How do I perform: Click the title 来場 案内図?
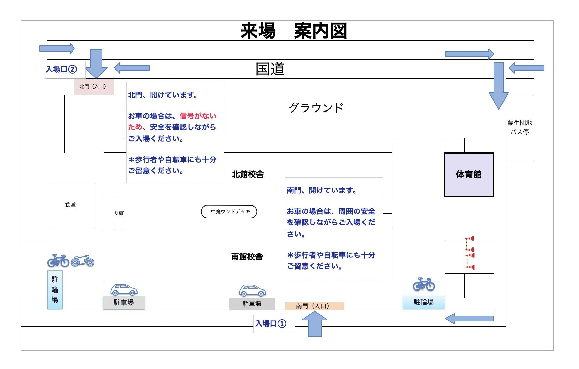pyautogui.click(x=293, y=31)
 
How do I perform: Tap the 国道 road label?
pyautogui.click(x=270, y=69)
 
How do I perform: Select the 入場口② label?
pyautogui.click(x=61, y=70)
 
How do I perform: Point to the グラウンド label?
pyautogui.click(x=316, y=108)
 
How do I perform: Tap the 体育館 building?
pyautogui.click(x=469, y=175)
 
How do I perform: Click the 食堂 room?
pyautogui.click(x=70, y=204)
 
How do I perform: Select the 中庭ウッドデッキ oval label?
pyautogui.click(x=229, y=212)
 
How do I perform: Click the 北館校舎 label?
pyautogui.click(x=248, y=175)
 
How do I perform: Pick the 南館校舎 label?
pyautogui.click(x=247, y=256)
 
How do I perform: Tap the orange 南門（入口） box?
pyautogui.click(x=314, y=306)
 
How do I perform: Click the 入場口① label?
pyautogui.click(x=271, y=324)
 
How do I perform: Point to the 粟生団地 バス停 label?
pyautogui.click(x=519, y=127)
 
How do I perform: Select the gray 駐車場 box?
pyautogui.click(x=252, y=304)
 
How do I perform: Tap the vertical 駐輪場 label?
pyautogui.click(x=55, y=289)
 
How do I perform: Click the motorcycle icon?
pyautogui.click(x=83, y=261)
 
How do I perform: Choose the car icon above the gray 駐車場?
pyautogui.click(x=252, y=291)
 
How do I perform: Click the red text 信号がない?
pyautogui.click(x=198, y=116)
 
